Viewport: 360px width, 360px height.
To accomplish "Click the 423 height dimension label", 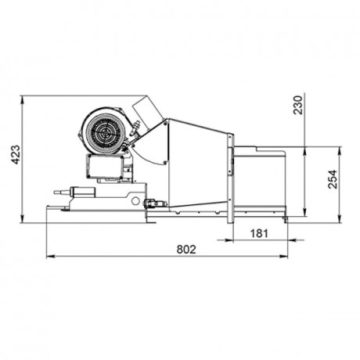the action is (16, 154).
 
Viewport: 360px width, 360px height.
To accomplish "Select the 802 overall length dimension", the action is (186, 250).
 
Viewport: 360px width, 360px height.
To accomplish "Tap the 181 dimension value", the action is (259, 233).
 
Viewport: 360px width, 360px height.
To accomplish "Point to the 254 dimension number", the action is (333, 179).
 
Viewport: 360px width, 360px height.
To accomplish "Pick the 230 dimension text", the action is (298, 105).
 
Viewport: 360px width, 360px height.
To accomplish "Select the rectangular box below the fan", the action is (105, 166).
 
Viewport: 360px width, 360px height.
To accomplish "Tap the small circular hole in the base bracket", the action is (135, 200).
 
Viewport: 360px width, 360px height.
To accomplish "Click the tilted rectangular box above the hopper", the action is (148, 113).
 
